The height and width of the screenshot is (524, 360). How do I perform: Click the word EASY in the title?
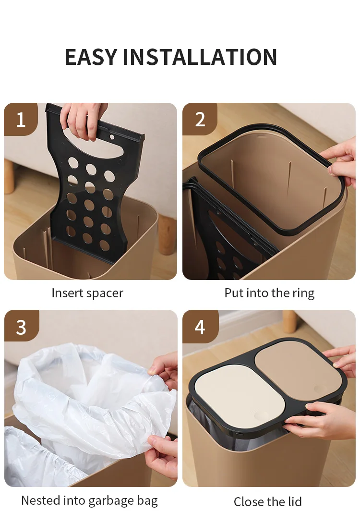coord(91,57)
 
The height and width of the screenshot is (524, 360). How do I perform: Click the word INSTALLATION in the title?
coord(200,57)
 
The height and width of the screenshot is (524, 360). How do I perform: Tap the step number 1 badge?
coord(21,119)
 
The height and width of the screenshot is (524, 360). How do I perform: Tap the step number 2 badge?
coord(200,119)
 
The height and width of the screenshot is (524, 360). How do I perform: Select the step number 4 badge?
coord(200,327)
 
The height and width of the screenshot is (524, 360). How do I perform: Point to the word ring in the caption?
coord(303,293)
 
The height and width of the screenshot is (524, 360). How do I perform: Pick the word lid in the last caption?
coord(294,501)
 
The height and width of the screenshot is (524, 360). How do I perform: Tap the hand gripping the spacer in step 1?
coord(82,119)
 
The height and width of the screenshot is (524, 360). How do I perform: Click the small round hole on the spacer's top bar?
coord(112,137)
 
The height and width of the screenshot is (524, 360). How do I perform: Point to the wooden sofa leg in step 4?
coord(289,321)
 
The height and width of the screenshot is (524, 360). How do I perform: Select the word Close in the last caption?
coord(248,501)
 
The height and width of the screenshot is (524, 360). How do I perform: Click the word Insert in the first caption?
coord(68,293)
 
